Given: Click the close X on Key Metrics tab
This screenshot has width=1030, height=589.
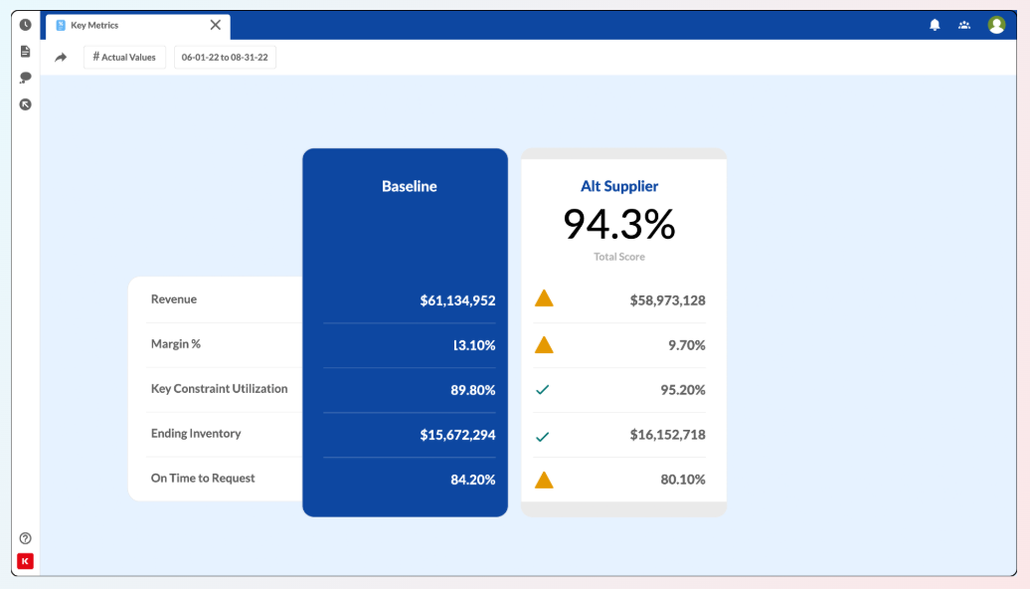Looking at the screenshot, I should click(216, 25).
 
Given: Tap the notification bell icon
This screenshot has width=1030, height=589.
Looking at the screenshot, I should click(935, 25).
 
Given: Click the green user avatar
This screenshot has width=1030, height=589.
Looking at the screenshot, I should click(996, 25).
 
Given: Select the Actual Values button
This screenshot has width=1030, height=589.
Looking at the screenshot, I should click(124, 57).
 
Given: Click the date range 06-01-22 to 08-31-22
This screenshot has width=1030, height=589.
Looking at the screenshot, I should click(225, 57).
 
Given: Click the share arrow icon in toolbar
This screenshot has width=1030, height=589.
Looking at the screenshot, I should click(61, 58).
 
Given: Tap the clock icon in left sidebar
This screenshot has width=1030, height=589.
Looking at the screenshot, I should click(26, 25).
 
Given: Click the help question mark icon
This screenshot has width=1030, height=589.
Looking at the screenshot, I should click(26, 538).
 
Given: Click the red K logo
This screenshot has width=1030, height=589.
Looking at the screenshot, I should click(26, 561).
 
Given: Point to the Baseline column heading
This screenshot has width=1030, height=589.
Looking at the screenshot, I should click(409, 186).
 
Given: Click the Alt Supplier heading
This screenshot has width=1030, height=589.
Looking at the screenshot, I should click(619, 186).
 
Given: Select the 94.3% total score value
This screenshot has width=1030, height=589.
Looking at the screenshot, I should click(619, 225).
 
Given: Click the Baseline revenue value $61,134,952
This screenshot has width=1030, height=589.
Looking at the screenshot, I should click(457, 300).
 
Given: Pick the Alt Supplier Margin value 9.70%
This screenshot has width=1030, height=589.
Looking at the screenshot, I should click(686, 345).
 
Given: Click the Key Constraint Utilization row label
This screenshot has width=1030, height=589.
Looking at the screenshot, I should click(219, 389).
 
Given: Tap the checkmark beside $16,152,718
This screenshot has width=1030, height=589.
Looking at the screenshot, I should click(543, 436).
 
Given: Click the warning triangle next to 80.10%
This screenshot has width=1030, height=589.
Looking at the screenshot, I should click(544, 480).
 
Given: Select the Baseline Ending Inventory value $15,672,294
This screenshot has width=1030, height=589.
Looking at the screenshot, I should click(457, 435).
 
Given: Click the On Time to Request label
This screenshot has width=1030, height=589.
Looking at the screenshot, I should click(203, 479).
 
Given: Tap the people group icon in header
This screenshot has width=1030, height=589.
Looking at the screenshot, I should click(964, 25).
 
